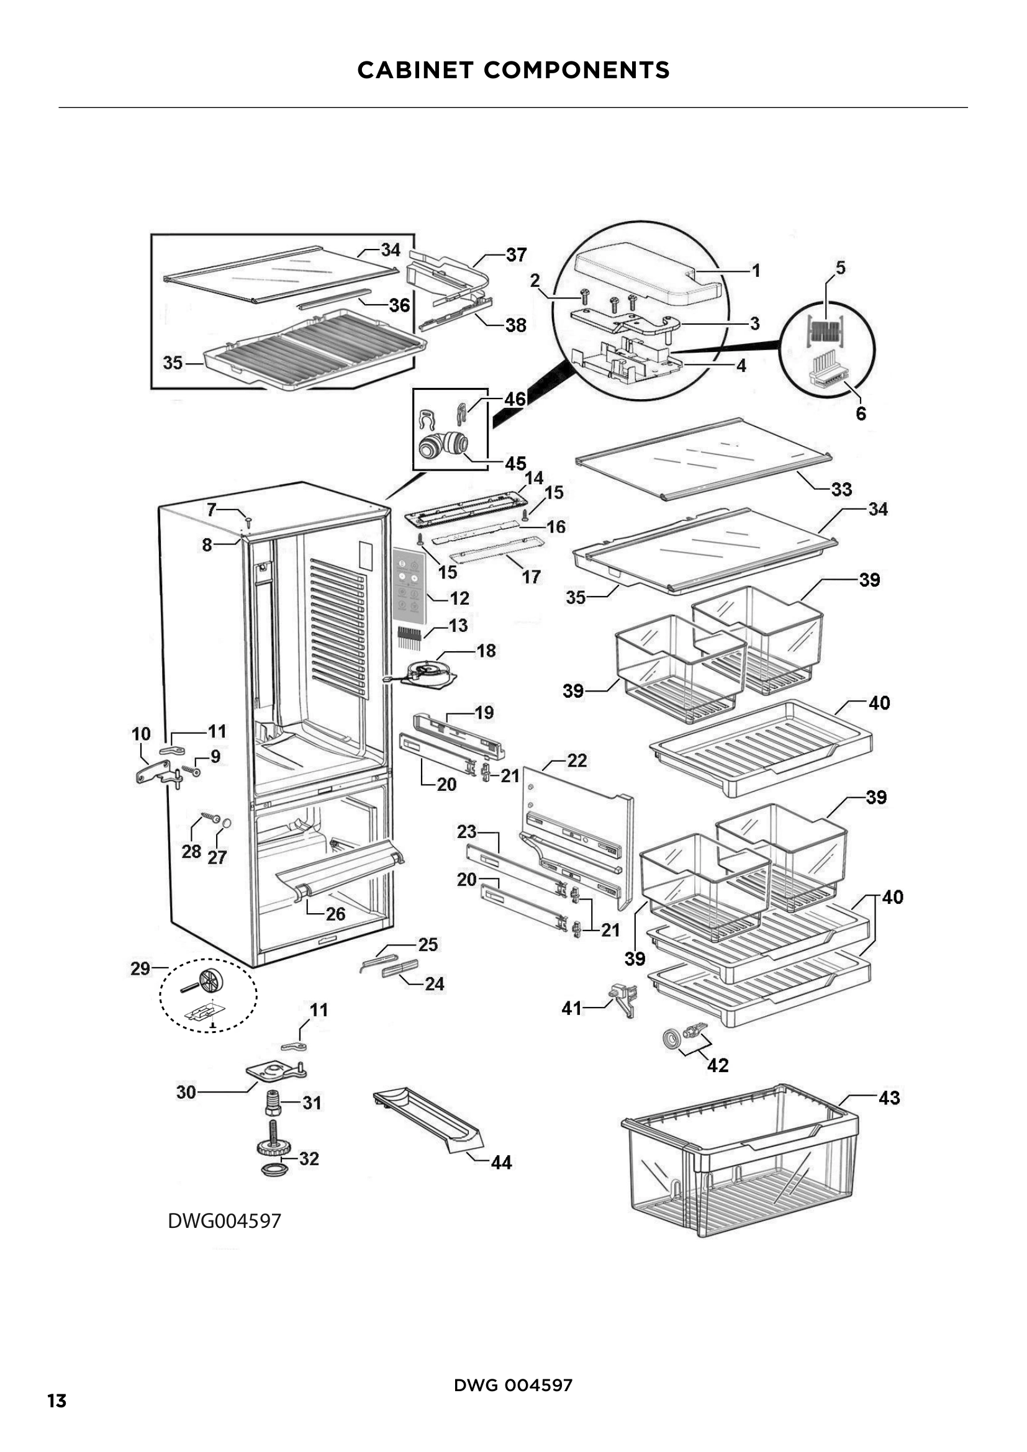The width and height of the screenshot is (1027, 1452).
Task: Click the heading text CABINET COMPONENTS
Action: [x=513, y=70]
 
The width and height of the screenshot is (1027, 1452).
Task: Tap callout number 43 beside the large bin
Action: [x=889, y=1098]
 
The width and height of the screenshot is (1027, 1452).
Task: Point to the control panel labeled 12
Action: [x=408, y=583]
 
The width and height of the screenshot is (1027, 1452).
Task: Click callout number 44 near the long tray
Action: [x=502, y=1162]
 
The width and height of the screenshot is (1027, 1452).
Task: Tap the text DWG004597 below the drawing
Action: [x=225, y=1220]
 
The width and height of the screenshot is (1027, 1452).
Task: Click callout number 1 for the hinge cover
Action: [x=756, y=271]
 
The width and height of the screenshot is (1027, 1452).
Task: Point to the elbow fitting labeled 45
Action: [x=443, y=444]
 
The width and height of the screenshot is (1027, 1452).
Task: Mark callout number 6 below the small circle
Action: [x=861, y=413]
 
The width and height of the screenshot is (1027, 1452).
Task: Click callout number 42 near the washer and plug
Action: [x=718, y=1066]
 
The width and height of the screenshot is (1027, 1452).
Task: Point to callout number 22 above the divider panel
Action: [x=577, y=760]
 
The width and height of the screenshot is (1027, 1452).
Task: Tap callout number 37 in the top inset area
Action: [x=517, y=255]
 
